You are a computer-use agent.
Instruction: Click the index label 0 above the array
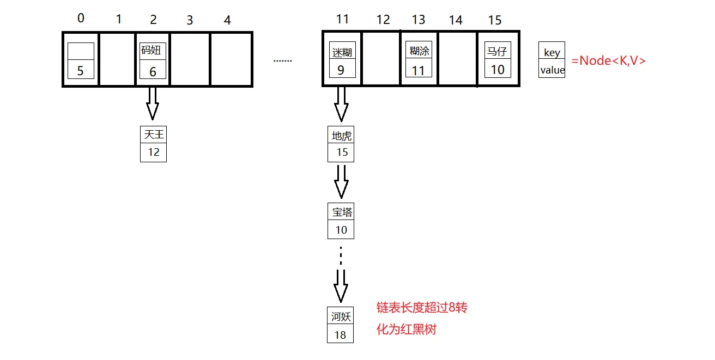click(81, 19)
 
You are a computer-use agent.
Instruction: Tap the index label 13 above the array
click(419, 20)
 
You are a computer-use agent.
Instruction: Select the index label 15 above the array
click(494, 20)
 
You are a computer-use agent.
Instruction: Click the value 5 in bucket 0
click(81, 71)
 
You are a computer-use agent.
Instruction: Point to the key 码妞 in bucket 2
click(152, 51)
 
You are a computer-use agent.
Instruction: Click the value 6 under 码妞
click(153, 71)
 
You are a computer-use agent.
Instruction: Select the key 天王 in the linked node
click(153, 135)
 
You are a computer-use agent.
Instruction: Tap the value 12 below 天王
click(153, 152)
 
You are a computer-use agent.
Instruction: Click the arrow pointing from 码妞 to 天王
click(153, 103)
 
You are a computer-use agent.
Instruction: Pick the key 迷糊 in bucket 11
click(342, 52)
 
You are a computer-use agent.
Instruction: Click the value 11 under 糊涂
click(418, 71)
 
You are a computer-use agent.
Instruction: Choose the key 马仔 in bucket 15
click(496, 52)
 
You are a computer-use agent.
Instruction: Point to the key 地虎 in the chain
click(342, 136)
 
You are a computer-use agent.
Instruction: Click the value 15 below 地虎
click(342, 152)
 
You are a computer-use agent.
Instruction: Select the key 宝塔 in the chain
click(342, 212)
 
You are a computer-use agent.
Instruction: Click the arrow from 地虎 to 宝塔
click(341, 181)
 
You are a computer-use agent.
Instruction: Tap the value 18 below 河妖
click(340, 335)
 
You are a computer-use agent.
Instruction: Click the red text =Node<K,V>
click(608, 60)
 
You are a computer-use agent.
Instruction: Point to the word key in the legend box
click(552, 53)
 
